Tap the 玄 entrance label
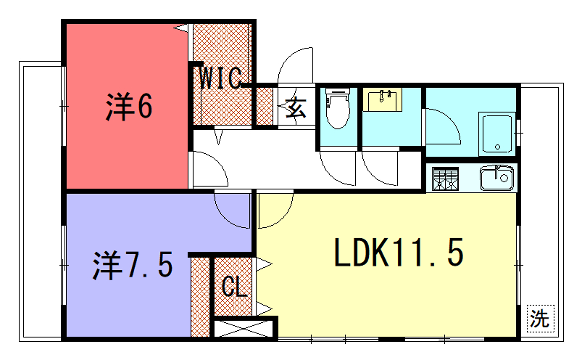coord(297,105)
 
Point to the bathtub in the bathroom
coord(496,130)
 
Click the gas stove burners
coord(445,180)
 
